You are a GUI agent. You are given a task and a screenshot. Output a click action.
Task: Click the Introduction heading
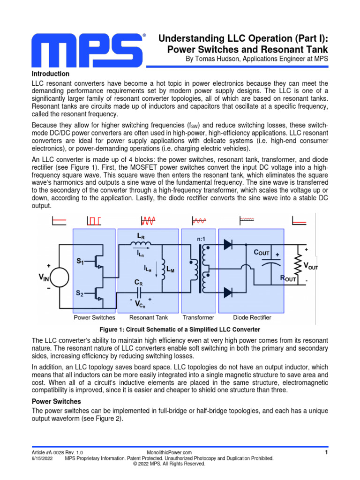pos(51,74)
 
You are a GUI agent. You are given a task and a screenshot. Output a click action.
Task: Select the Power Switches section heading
pos(56,402)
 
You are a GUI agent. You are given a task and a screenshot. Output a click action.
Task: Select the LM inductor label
pos(171,270)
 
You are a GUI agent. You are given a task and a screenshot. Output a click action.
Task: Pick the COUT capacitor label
pos(262,253)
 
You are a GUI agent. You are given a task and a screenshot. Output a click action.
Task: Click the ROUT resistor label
pos(288,278)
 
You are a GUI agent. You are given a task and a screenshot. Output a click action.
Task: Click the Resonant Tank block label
pos(148,317)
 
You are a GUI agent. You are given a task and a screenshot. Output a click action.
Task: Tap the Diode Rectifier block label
pos(252,317)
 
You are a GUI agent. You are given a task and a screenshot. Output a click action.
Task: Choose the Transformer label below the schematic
pos(198,317)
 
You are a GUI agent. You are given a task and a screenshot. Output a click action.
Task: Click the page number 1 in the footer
pos(326,452)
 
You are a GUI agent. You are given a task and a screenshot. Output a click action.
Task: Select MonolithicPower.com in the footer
pos(169,452)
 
